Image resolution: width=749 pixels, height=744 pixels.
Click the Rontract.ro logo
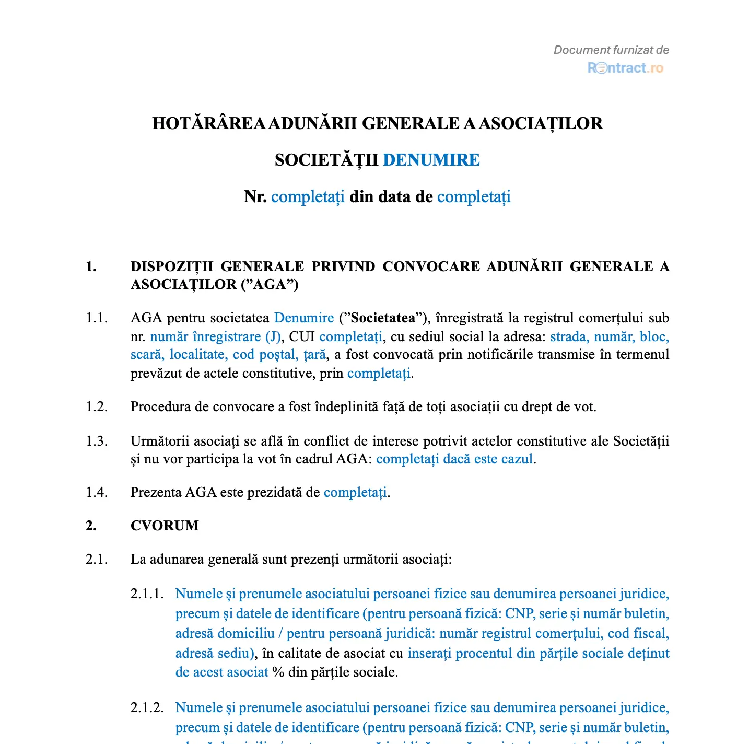pos(625,68)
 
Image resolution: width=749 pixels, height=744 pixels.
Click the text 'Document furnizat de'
pos(611,50)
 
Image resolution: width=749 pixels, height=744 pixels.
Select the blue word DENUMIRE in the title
pos(431,160)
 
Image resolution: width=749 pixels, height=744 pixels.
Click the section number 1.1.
pos(97,318)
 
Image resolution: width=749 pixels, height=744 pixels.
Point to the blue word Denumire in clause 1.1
pos(304,318)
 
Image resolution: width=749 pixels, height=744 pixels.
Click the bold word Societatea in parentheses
pos(383,318)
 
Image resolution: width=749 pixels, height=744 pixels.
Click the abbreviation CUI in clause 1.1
pos(302,336)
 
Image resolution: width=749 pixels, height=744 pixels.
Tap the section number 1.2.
pos(97,407)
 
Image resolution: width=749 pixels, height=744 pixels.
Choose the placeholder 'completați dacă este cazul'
pos(454,459)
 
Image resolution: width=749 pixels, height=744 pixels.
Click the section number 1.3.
pos(97,441)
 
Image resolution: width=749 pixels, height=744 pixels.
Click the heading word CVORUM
pos(165,526)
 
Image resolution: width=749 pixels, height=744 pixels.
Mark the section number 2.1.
pos(97,560)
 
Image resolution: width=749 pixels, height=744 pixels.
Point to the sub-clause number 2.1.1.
pos(147,594)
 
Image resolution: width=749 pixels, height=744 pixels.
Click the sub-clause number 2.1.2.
pos(147,708)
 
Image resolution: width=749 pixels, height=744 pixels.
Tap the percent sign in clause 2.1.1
pos(278,672)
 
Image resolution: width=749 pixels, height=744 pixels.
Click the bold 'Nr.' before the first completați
pos(255,197)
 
